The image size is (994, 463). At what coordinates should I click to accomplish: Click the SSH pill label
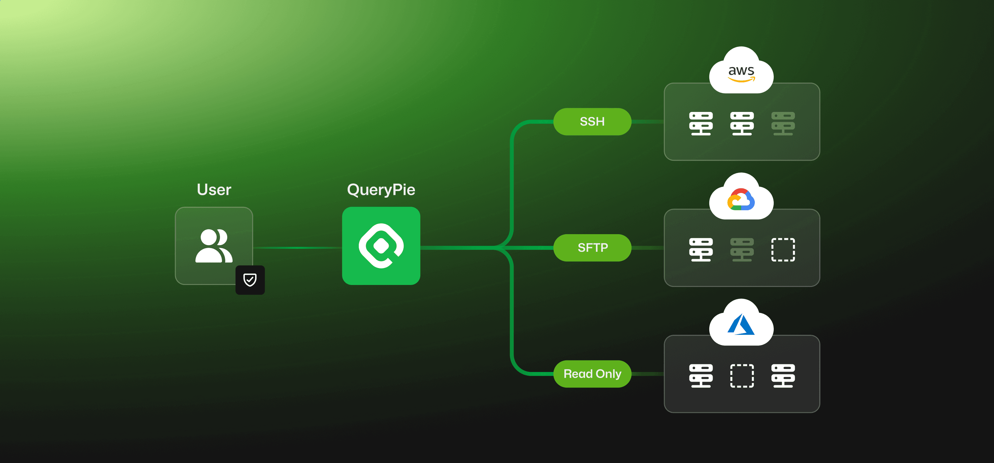click(592, 122)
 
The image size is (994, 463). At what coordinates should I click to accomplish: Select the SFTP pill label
click(592, 248)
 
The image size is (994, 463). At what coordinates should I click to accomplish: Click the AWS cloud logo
click(741, 73)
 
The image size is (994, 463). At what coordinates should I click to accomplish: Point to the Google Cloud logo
click(741, 200)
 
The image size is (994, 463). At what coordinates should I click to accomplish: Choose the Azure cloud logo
click(741, 324)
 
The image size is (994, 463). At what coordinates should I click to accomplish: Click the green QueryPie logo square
click(381, 246)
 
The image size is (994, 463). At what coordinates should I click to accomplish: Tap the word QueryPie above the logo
click(381, 189)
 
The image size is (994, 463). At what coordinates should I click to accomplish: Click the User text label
click(214, 189)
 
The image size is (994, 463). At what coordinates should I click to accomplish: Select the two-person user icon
click(214, 246)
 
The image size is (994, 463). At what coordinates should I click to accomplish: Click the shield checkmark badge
click(250, 280)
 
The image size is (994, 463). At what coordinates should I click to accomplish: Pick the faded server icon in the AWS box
click(783, 124)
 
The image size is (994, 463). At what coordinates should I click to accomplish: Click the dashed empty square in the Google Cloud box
click(783, 250)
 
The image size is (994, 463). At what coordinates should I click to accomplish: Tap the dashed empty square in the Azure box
click(742, 375)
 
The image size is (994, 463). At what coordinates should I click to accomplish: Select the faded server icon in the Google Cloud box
click(742, 250)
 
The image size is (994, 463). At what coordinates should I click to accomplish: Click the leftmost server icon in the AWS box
click(701, 124)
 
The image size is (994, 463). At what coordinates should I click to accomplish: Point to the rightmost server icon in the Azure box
click(783, 375)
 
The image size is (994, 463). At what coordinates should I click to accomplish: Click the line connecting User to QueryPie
click(297, 248)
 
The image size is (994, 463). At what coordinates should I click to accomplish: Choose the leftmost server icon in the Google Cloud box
click(701, 250)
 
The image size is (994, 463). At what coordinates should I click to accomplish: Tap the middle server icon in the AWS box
click(742, 124)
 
